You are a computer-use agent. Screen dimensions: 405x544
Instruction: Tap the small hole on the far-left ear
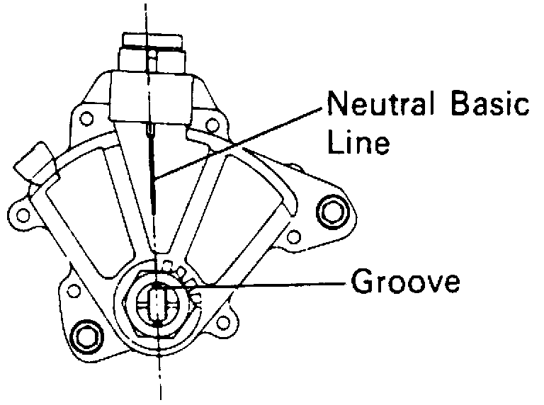(x=23, y=212)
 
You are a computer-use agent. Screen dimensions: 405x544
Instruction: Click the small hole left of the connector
(x=88, y=118)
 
